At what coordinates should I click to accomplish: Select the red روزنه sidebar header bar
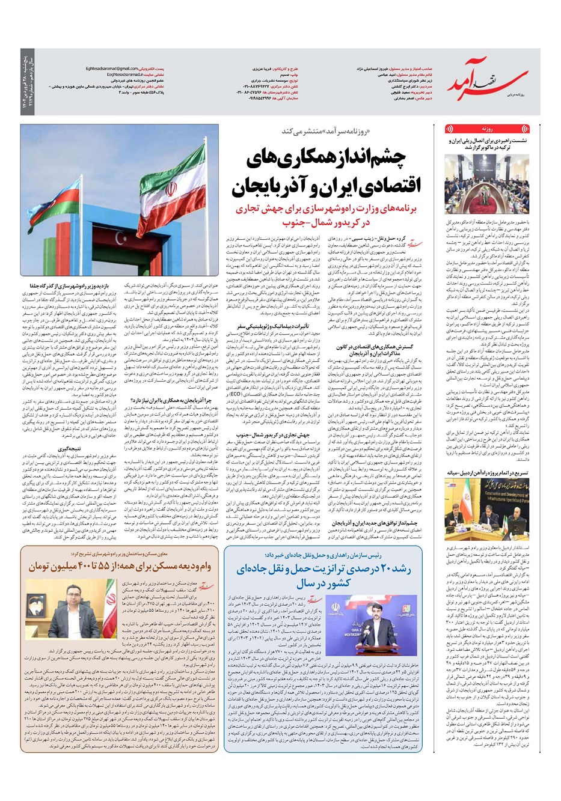coord(486,129)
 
